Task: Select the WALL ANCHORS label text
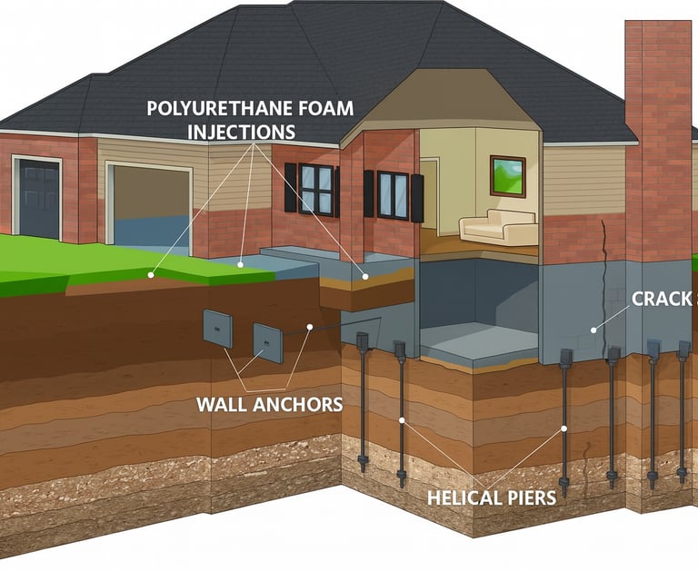tap(270, 404)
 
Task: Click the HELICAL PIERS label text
tap(492, 497)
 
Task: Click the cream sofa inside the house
tap(497, 227)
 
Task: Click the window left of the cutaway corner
tap(316, 189)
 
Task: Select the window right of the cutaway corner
tap(393, 194)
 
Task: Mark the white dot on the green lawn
tap(152, 273)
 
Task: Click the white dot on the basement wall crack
tap(593, 330)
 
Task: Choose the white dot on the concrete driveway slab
tap(240, 264)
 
